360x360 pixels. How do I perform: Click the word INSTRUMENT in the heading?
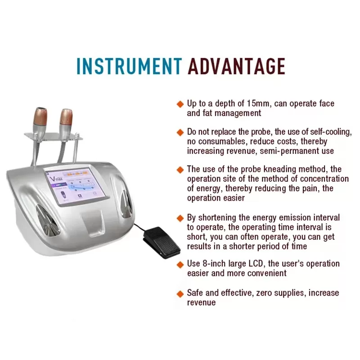point(129,66)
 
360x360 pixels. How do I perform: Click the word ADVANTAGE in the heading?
point(237,66)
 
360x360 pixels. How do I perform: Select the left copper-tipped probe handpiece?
point(40,122)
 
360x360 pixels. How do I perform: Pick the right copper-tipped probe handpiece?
point(66,123)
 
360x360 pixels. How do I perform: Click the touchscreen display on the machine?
point(76,186)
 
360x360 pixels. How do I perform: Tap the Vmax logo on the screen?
point(56,178)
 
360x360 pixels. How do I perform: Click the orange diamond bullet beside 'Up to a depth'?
point(180,104)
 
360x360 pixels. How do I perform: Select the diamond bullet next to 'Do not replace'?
point(180,132)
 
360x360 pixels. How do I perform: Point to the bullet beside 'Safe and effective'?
point(180,294)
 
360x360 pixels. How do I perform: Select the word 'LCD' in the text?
point(256,264)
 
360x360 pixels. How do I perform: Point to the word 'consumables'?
point(223,141)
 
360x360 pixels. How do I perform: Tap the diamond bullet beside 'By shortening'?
point(180,218)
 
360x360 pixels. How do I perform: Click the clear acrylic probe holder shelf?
point(53,136)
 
